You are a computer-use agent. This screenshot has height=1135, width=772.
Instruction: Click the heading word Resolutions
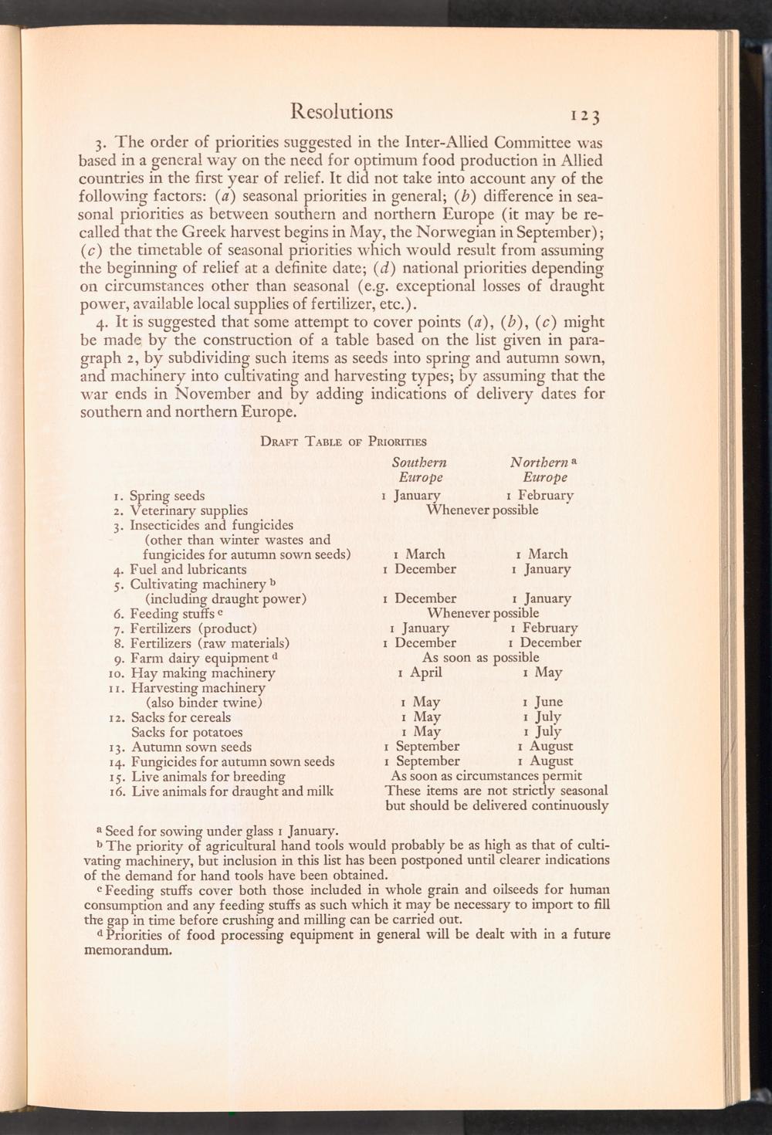point(341,112)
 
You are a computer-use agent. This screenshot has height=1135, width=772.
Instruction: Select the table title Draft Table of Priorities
point(344,442)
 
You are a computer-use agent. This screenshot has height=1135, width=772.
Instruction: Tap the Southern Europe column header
point(419,469)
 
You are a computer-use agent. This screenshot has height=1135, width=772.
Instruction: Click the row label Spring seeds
point(168,496)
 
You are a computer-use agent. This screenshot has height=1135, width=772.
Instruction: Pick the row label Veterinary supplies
point(189,510)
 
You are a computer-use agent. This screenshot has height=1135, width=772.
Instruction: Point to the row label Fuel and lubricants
point(188,570)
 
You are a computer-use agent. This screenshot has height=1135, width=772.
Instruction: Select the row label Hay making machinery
point(203,673)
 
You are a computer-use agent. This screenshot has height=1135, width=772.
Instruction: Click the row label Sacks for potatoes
point(187,732)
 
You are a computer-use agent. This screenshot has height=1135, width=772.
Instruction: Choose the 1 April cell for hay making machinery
point(420,673)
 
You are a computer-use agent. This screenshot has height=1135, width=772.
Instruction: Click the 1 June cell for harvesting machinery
point(543,702)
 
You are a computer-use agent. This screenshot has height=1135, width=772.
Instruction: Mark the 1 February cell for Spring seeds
point(540,495)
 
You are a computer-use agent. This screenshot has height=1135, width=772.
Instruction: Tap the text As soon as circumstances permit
point(486,775)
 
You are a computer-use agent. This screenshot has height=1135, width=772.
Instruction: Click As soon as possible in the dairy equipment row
point(480,657)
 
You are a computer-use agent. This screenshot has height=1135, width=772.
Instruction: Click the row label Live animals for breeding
point(208,776)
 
